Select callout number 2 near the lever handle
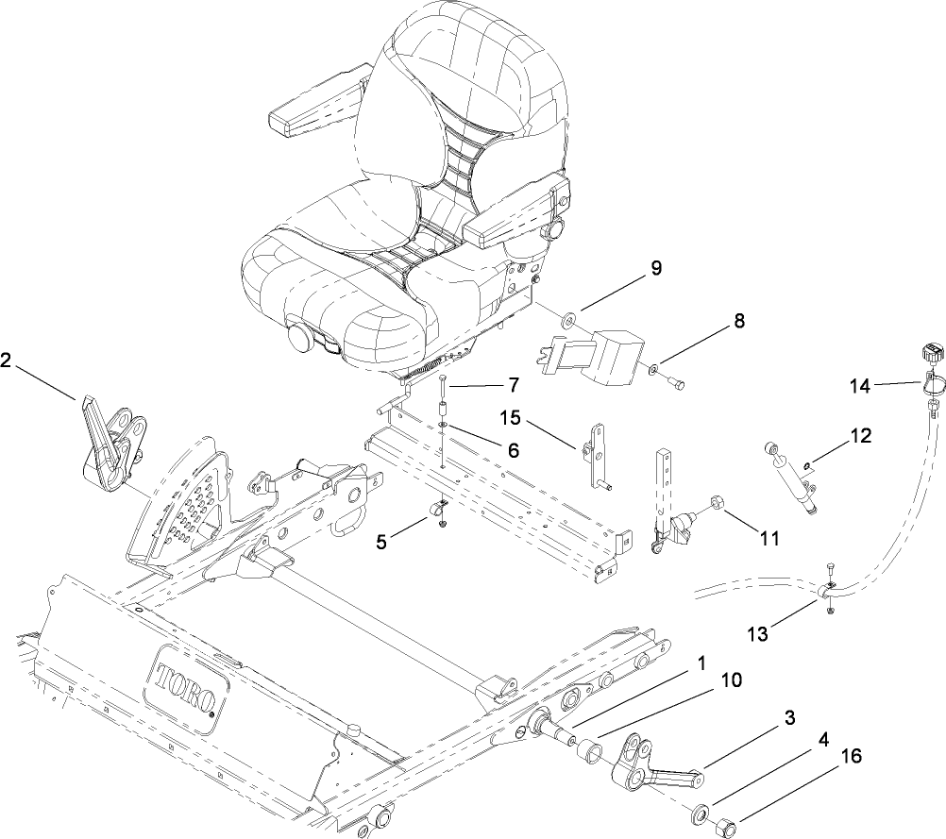pos(7,360)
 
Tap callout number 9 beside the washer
pos(654,268)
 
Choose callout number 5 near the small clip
pos(382,543)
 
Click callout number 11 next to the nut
pos(769,538)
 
